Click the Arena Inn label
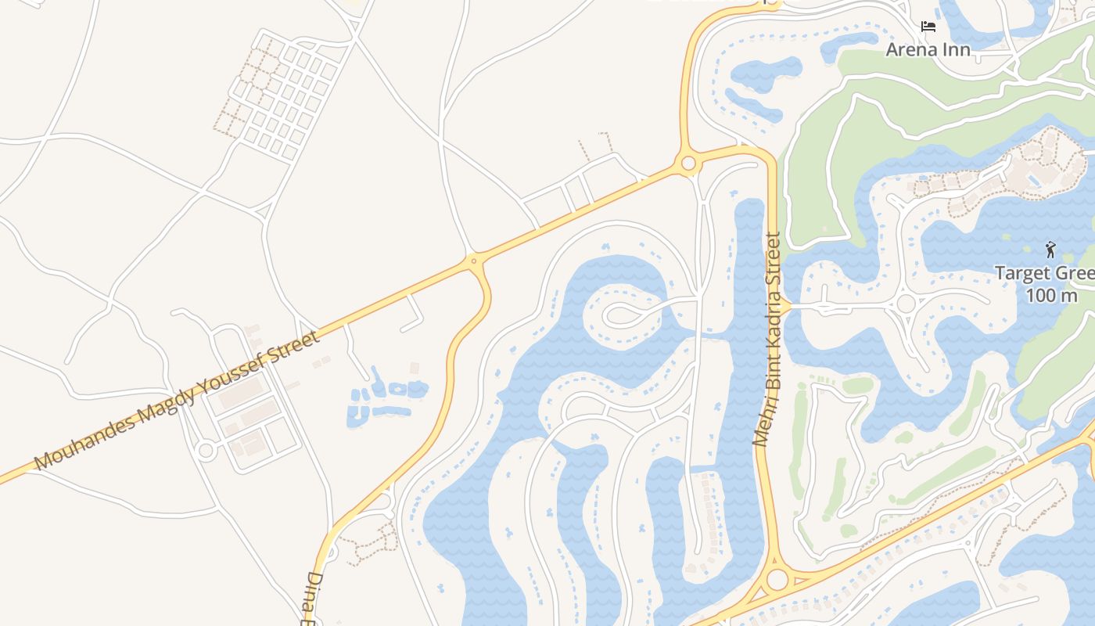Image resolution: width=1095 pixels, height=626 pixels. point(928,50)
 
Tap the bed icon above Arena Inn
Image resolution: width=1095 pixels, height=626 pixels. point(928,27)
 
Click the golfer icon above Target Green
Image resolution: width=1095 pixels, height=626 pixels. point(1050,250)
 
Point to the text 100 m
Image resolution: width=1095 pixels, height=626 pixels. point(1051,296)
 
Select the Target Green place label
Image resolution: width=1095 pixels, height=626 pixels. point(1044,274)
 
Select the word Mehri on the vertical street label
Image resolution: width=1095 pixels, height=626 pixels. point(761,425)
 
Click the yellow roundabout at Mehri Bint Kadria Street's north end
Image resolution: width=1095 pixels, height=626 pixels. point(688,164)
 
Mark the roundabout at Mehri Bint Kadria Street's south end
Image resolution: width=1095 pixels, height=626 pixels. point(777,580)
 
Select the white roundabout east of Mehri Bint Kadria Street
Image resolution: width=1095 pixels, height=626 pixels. point(906,304)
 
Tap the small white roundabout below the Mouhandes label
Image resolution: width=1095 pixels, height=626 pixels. point(206,450)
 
